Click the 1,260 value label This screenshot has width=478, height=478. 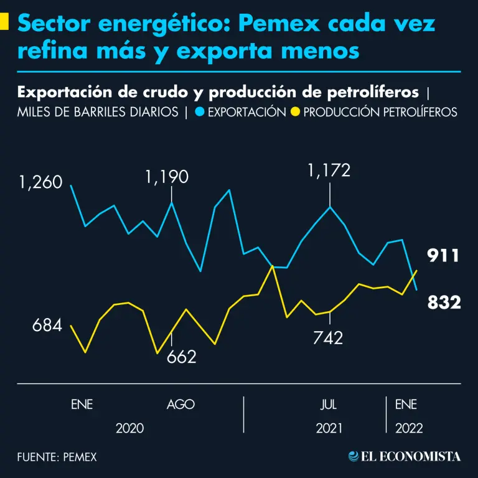(40, 183)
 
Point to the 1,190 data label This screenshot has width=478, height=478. (167, 177)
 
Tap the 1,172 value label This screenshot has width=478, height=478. (329, 169)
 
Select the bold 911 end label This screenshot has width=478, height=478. (443, 256)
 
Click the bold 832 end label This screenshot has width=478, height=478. (444, 303)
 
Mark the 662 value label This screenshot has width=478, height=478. (182, 357)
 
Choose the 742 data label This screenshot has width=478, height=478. (328, 338)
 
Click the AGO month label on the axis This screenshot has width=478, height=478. (180, 405)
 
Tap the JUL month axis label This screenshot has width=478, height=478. (329, 405)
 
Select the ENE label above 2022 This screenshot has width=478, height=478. (406, 405)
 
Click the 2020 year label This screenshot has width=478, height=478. (130, 428)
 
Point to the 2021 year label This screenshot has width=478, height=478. (329, 428)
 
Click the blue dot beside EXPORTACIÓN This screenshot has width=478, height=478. (199, 112)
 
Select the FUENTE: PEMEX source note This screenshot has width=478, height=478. (57, 457)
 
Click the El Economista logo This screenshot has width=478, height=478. (405, 456)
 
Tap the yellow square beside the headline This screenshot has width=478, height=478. (4, 22)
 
